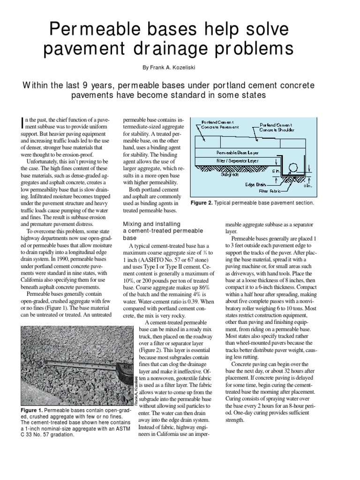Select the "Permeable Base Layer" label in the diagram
(x=239, y=153)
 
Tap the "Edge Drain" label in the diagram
(x=256, y=184)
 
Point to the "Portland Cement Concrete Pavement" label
(x=220, y=124)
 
